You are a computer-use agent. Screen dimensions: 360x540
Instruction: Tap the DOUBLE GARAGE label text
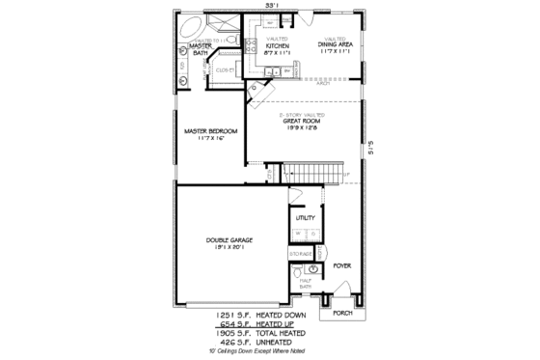(x=229, y=240)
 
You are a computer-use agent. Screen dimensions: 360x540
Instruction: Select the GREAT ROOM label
(x=303, y=121)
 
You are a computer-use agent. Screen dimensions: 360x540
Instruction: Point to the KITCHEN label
(x=278, y=45)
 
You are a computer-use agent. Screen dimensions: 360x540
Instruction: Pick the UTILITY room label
(x=305, y=218)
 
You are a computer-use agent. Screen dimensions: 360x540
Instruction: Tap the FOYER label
(x=340, y=263)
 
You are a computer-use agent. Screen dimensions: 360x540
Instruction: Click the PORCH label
(x=343, y=313)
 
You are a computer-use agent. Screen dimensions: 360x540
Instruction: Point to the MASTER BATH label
(x=201, y=49)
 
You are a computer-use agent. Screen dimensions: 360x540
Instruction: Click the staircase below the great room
(x=310, y=174)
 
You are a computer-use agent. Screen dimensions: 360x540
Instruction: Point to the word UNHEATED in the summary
(x=286, y=342)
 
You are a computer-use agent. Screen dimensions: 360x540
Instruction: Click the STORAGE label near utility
(x=300, y=253)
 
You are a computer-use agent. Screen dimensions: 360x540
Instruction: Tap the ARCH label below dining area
(x=324, y=83)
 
